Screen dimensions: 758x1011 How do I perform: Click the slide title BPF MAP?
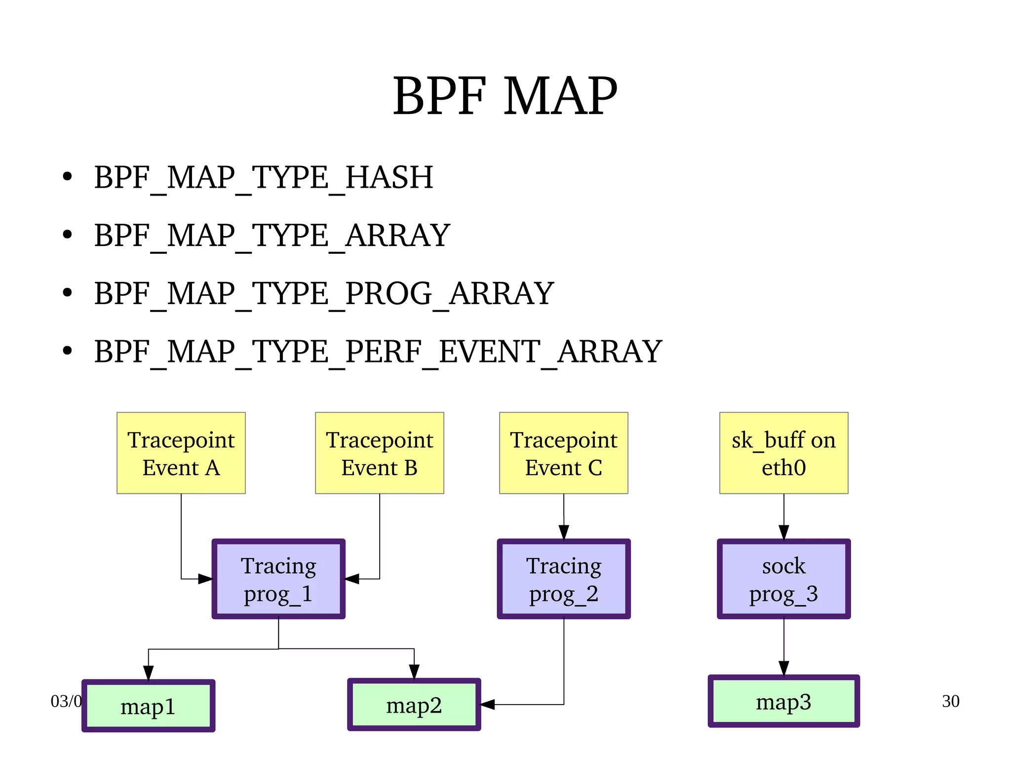pos(505,96)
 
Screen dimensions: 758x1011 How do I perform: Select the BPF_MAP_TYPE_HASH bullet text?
pos(263,177)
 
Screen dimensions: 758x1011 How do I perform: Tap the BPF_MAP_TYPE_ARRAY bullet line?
pos(272,235)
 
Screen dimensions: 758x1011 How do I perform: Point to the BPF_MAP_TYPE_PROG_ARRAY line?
pos(323,293)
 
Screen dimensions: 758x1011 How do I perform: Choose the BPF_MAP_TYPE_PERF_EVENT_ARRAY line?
pos(378,351)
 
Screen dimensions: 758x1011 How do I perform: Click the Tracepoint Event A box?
pos(181,453)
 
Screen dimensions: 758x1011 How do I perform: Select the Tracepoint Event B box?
pos(379,453)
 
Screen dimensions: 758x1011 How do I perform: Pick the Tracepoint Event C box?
pos(563,453)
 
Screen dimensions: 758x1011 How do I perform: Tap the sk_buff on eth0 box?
pos(783,453)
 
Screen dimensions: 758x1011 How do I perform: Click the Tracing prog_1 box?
pos(278,579)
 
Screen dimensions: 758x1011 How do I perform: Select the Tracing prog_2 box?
pos(563,579)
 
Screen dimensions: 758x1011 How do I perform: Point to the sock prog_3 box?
pos(783,579)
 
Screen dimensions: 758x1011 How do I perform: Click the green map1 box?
pos(148,706)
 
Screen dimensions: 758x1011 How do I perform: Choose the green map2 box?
pos(414,705)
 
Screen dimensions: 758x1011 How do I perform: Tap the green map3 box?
pos(783,701)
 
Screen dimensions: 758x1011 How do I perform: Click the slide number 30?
pos(950,701)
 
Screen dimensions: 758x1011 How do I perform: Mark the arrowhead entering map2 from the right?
pos(487,705)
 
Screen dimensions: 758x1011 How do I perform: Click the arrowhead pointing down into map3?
pos(783,668)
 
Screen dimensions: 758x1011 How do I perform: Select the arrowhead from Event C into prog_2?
pos(564,532)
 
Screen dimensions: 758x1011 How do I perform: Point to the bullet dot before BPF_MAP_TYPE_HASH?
pos(68,176)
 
